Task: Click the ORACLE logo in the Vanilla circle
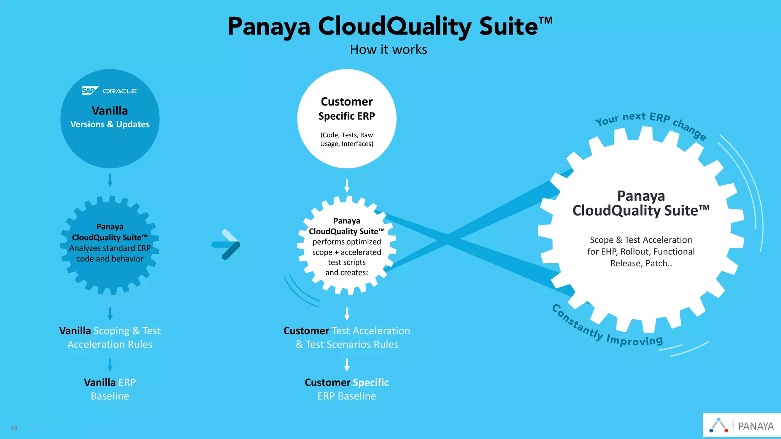[120, 91]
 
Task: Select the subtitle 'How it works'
[388, 50]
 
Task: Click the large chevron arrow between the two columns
[227, 245]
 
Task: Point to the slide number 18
[14, 428]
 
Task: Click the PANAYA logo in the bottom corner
[742, 425]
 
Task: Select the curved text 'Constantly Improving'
[606, 328]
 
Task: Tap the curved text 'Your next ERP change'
[650, 121]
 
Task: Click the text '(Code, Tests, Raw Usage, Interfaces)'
[347, 139]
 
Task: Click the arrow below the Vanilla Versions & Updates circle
[110, 180]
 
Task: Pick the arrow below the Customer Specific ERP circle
[347, 186]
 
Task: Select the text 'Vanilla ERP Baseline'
[110, 389]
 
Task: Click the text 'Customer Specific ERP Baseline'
[347, 389]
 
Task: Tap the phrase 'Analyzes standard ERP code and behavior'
[110, 253]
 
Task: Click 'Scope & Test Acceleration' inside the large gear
[641, 240]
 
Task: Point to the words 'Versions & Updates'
[110, 124]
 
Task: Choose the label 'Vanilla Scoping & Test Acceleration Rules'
[110, 337]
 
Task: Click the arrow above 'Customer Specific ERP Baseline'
[347, 365]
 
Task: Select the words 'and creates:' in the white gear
[347, 272]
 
